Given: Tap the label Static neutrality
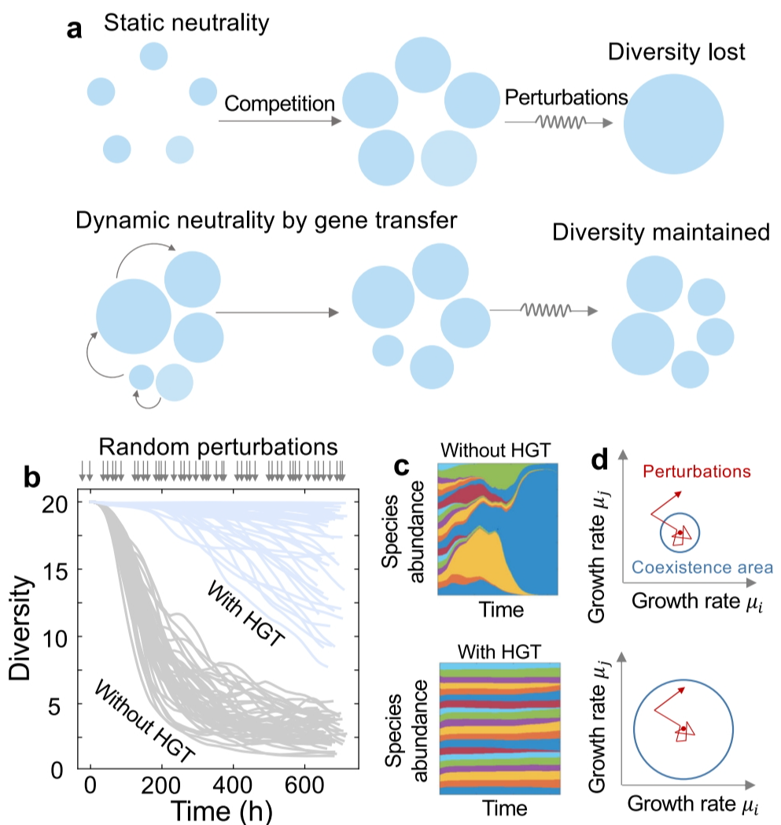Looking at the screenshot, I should click(x=186, y=23).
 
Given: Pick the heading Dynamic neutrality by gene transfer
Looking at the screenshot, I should click(x=266, y=220).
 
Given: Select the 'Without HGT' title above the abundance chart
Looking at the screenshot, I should click(x=498, y=450).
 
